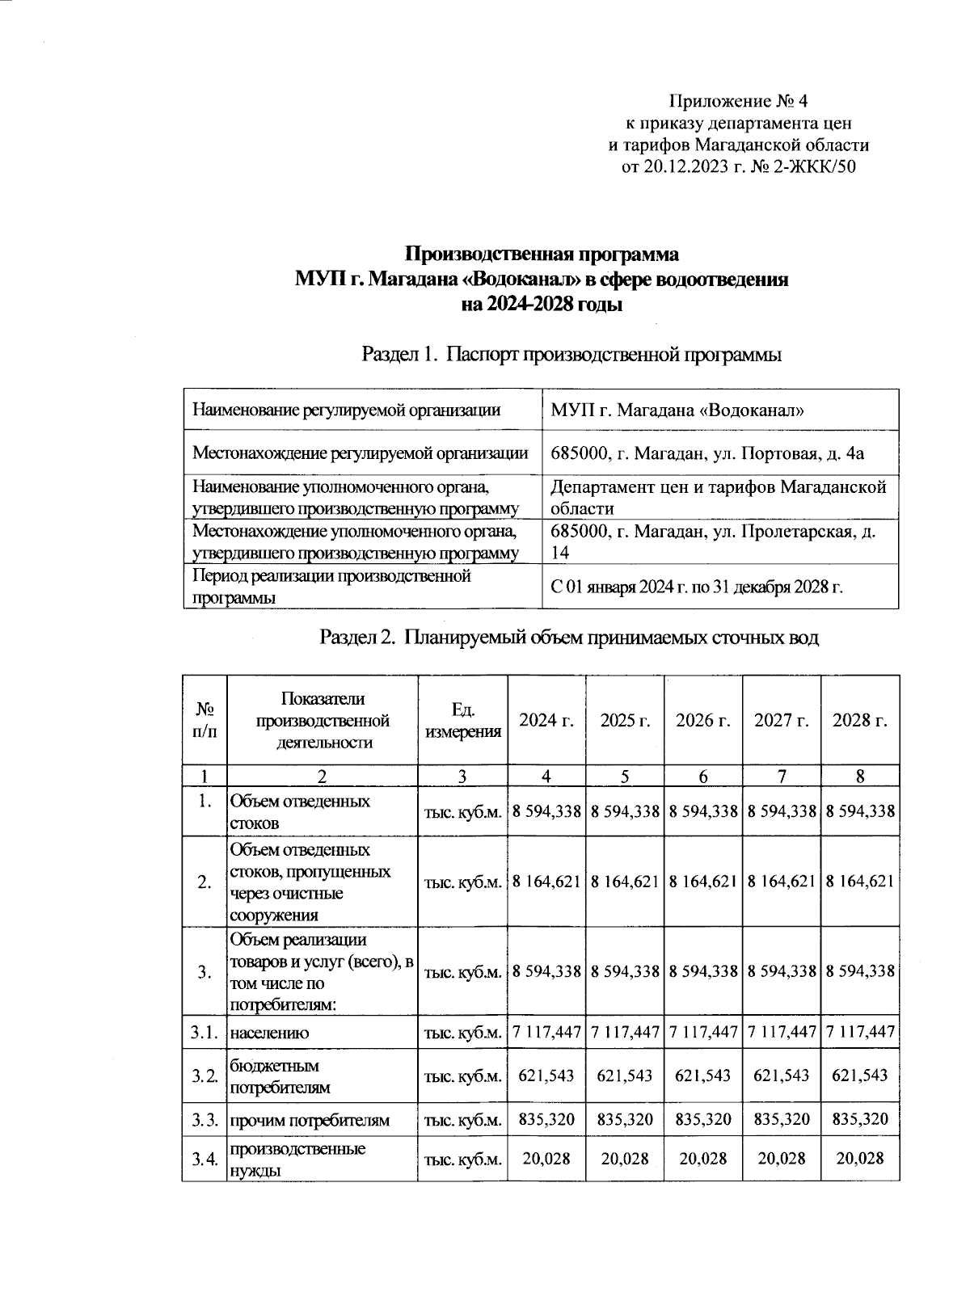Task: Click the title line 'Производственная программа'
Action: point(541,255)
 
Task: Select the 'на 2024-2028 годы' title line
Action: point(541,305)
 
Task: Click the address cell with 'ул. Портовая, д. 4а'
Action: point(706,453)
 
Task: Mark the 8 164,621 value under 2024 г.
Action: point(546,882)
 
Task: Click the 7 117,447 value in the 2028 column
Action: point(860,1032)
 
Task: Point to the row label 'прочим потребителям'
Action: point(310,1121)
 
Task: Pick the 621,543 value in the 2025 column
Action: point(625,1076)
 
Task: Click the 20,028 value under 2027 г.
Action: point(782,1159)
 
